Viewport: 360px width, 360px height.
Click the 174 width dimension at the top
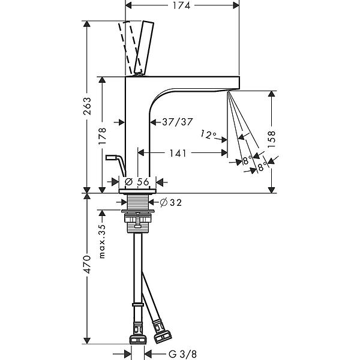181,5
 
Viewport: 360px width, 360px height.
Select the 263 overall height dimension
87,106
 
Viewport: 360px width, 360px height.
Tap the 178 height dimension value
103,136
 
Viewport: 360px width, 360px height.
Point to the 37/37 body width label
177,122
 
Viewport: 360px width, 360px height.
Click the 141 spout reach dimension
178,153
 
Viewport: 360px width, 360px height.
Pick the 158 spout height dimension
271,140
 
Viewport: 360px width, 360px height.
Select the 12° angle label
208,134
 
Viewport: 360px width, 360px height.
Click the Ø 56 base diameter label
137,182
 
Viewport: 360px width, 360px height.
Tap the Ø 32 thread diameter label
171,203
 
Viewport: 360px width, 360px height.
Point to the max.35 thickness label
102,241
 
